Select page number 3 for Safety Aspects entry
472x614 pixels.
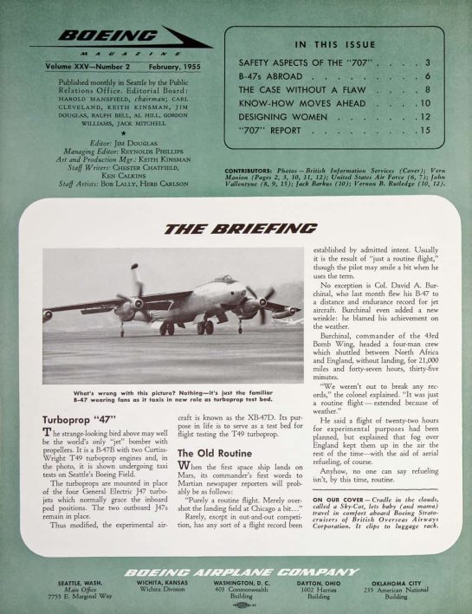(x=428, y=63)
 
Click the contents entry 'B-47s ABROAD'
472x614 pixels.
(x=270, y=76)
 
